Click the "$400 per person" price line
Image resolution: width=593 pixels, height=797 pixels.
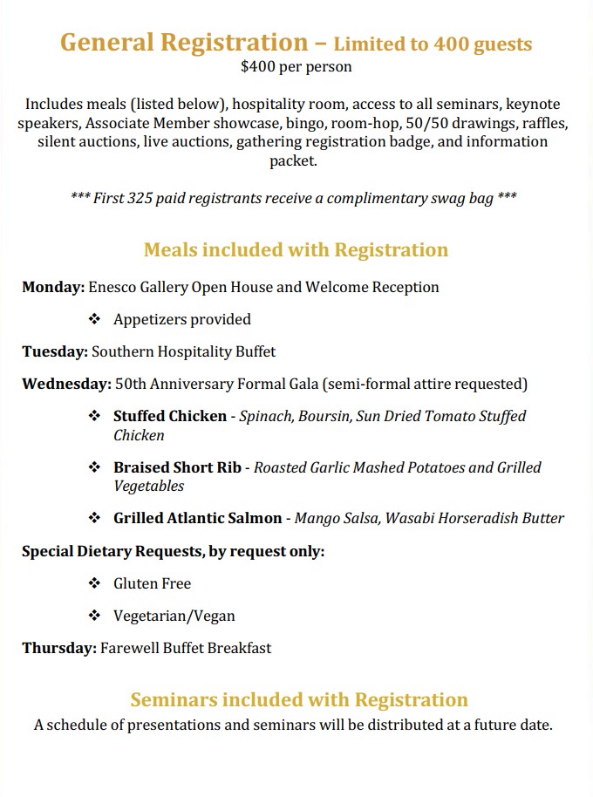pos(296,65)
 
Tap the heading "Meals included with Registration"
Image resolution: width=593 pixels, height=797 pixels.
pos(296,250)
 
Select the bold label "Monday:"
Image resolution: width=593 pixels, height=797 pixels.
pos(53,287)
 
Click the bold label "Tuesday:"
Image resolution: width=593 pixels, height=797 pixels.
pos(55,351)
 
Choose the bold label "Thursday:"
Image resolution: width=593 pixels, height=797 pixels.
pos(59,648)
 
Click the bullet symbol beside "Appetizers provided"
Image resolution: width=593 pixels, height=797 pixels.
pos(95,319)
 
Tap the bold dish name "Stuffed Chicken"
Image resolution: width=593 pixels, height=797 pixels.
pos(170,416)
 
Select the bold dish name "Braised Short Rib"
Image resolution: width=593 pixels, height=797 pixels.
pos(177,467)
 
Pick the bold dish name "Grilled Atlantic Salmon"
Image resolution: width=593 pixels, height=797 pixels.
pos(197,518)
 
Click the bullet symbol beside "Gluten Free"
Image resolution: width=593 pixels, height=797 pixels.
pos(95,583)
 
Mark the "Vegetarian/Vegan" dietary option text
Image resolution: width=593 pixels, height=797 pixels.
pos(174,616)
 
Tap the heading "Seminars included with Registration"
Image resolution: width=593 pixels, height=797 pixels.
pos(299,699)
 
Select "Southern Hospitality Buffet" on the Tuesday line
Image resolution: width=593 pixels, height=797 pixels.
pos(183,351)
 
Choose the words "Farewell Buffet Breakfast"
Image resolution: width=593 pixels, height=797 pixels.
pos(186,648)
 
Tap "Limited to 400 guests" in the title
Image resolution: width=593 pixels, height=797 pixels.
pos(433,44)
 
